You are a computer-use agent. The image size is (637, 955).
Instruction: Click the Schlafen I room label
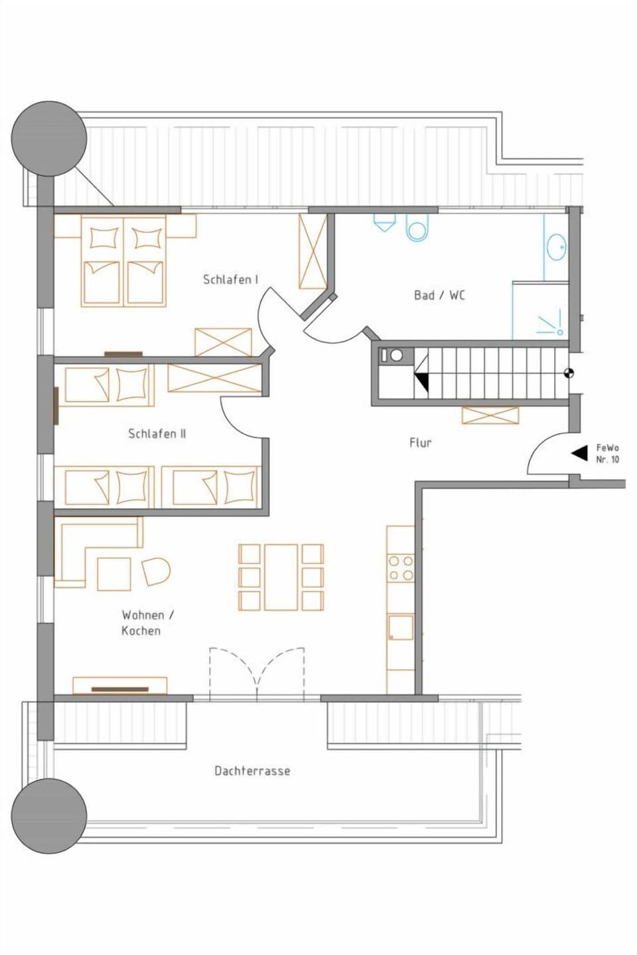click(x=230, y=279)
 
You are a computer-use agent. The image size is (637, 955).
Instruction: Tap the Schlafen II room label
click(x=157, y=434)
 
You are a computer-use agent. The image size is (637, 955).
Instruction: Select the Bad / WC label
click(x=439, y=295)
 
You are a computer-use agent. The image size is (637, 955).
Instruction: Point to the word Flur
click(x=420, y=442)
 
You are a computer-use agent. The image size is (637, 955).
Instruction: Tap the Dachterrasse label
click(x=252, y=771)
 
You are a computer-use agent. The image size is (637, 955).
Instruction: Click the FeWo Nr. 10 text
click(x=607, y=454)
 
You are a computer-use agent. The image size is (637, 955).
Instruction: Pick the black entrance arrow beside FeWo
click(x=580, y=453)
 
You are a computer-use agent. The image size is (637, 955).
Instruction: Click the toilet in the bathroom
click(x=417, y=227)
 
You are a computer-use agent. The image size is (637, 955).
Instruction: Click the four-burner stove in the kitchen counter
click(x=401, y=568)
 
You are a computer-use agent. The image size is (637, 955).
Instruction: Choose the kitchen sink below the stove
click(x=401, y=627)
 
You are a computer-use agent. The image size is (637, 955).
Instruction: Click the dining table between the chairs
click(x=281, y=577)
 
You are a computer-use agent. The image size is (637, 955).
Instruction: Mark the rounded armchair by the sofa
click(x=157, y=571)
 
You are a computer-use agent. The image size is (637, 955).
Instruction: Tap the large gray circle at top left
click(x=49, y=139)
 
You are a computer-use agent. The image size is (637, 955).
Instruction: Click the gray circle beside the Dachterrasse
click(x=49, y=816)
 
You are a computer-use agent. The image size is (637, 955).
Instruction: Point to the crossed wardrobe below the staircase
click(x=490, y=416)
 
